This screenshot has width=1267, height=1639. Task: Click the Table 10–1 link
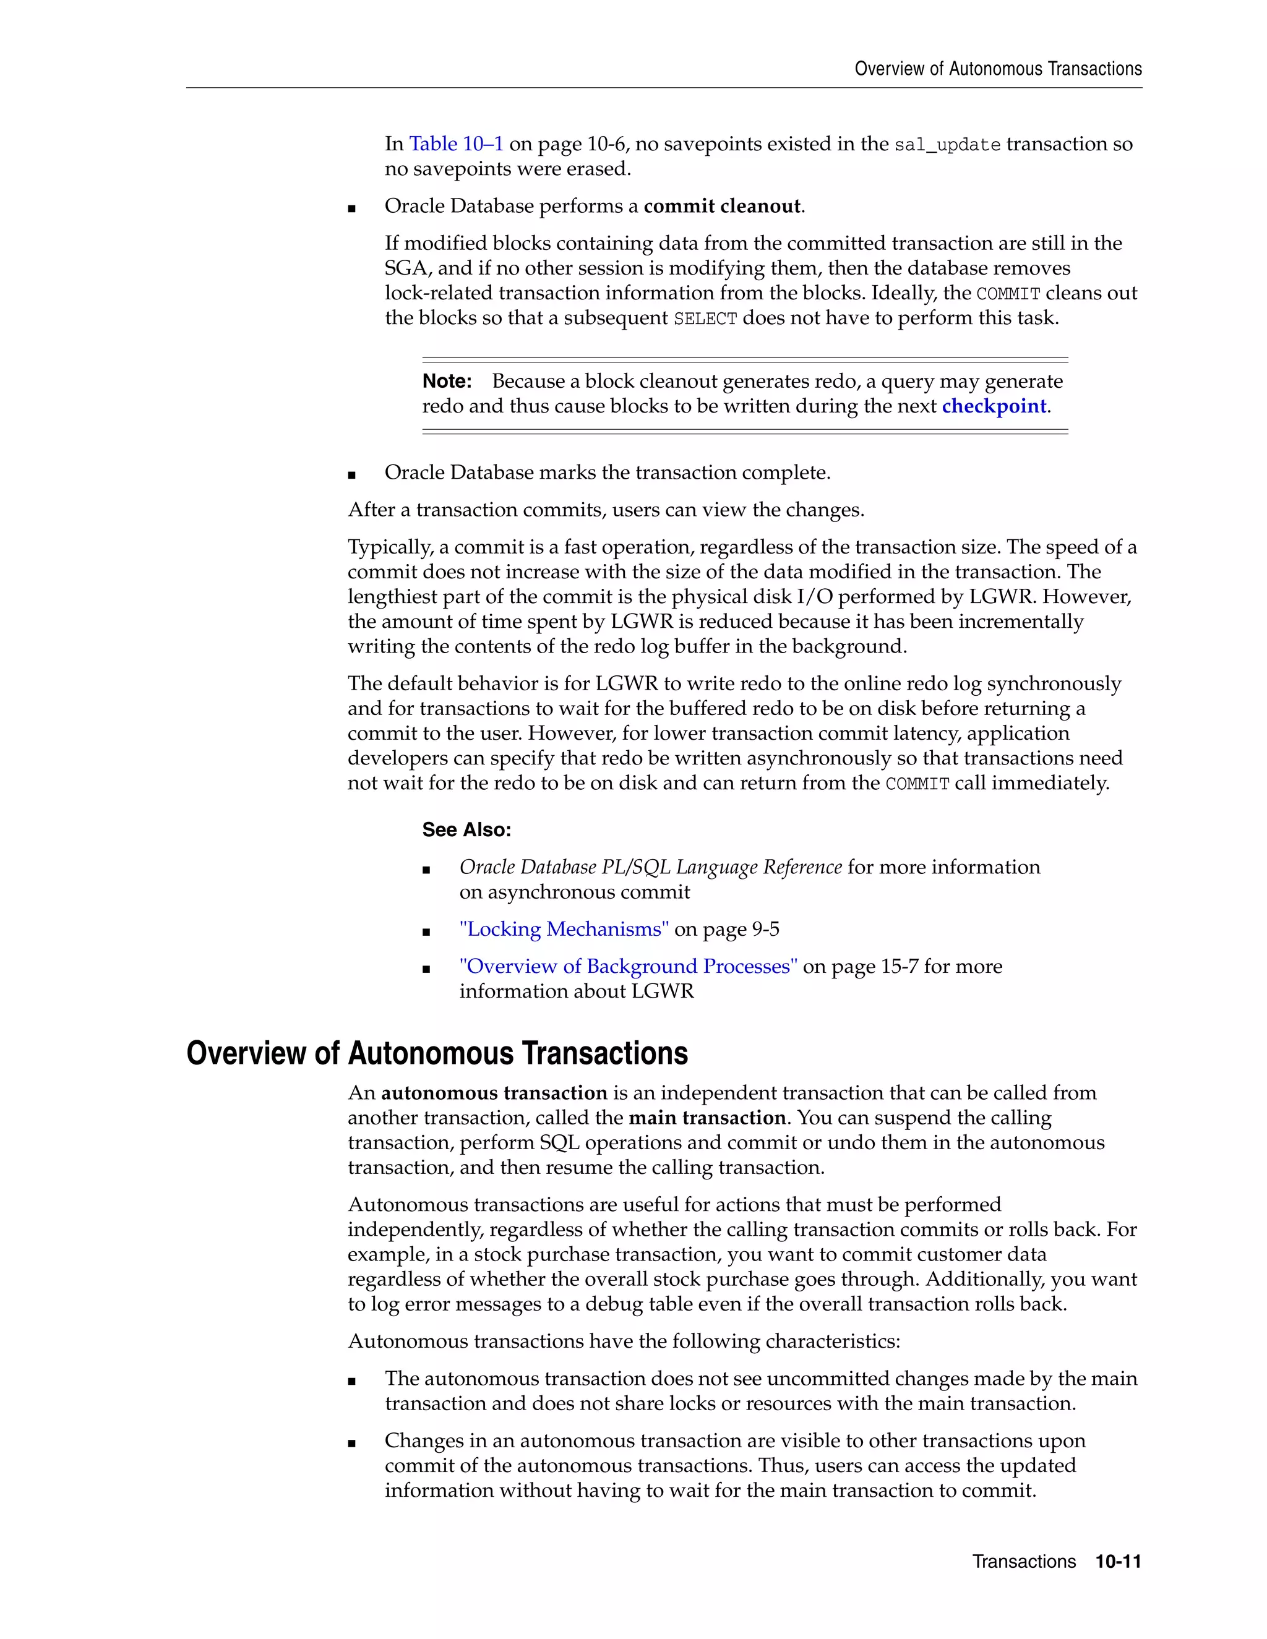455,143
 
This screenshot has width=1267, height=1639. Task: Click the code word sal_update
947,145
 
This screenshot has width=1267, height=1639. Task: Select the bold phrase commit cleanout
722,207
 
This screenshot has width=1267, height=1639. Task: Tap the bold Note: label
447,381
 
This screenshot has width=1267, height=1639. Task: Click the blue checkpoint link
994,406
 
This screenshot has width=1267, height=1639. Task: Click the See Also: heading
466,829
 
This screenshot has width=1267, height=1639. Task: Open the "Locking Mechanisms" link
564,929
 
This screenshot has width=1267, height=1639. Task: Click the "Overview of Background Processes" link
629,966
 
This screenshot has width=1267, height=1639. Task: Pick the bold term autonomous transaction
494,1093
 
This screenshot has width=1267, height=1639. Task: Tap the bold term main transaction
707,1118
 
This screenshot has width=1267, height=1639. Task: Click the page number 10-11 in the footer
1118,1562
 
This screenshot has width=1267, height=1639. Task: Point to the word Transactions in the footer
1024,1562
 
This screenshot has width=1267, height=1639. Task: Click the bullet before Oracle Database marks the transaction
352,474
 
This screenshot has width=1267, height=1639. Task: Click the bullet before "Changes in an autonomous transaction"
352,1442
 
